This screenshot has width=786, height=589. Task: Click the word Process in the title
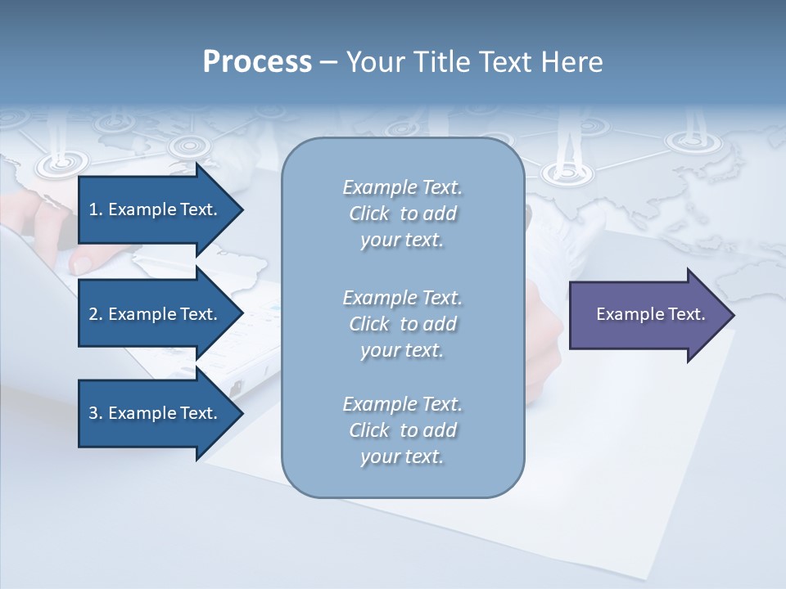pyautogui.click(x=257, y=62)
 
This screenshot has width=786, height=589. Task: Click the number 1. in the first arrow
pyautogui.click(x=96, y=209)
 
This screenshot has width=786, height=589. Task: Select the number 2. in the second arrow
pyautogui.click(x=96, y=314)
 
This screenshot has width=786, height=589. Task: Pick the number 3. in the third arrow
pyautogui.click(x=96, y=413)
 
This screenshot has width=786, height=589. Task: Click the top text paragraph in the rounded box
pyautogui.click(x=402, y=214)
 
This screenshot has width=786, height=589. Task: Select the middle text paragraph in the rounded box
pyautogui.click(x=402, y=324)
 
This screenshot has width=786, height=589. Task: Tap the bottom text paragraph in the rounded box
pyautogui.click(x=402, y=430)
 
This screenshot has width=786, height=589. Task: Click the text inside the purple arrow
pyautogui.click(x=650, y=314)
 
